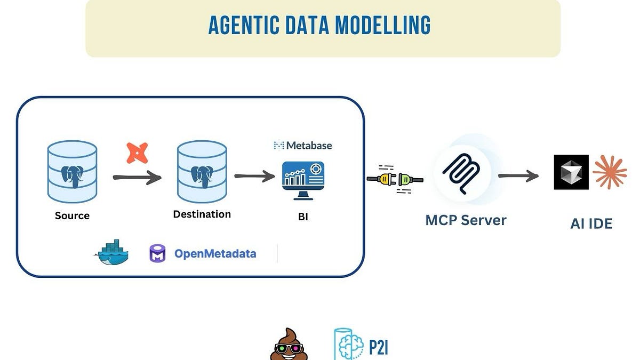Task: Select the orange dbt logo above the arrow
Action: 137,153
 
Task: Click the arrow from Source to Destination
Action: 137,178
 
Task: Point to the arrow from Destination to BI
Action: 254,177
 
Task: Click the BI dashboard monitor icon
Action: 303,180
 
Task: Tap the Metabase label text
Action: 309,145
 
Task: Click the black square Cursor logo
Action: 571,172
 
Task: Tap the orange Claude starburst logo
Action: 610,172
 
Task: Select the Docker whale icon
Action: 113,252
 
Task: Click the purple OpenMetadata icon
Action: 157,253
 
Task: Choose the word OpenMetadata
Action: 215,253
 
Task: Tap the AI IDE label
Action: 591,224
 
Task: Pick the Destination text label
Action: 202,214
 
